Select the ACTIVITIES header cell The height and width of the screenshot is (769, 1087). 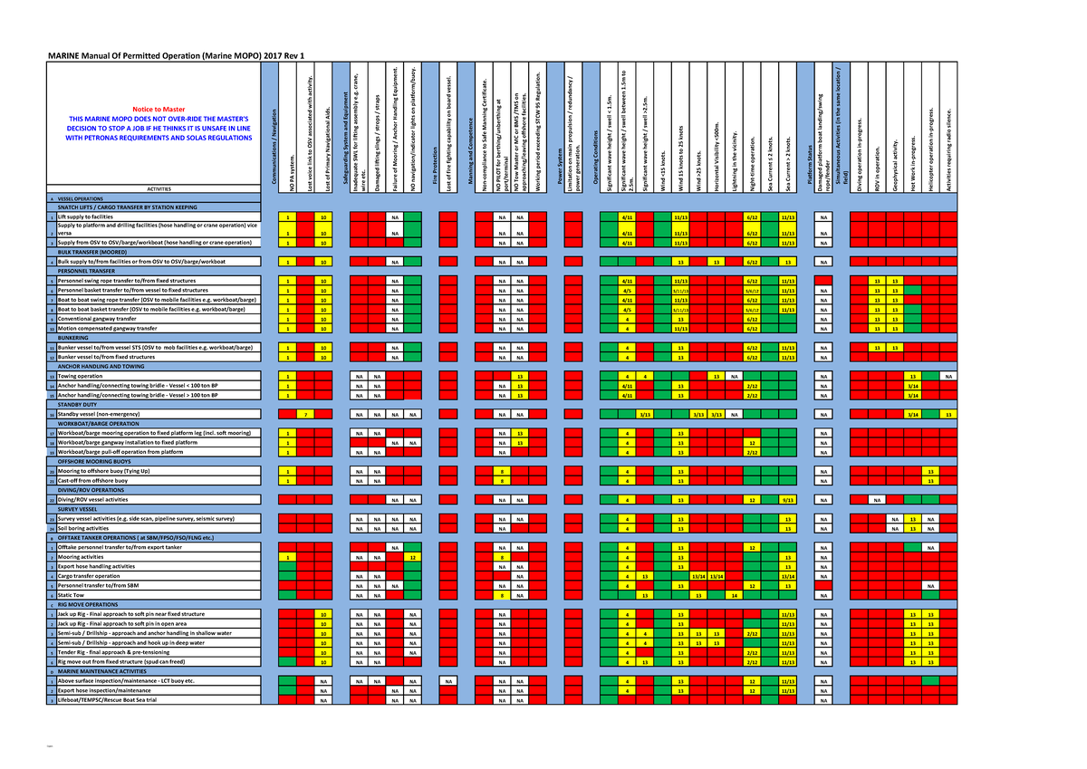point(159,188)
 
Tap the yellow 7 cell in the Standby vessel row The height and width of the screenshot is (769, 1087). point(307,414)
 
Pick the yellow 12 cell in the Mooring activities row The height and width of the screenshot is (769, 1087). point(412,557)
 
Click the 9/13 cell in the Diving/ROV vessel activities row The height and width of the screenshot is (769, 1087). point(788,499)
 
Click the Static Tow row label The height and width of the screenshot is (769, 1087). point(73,594)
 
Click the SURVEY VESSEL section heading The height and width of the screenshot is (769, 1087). point(83,509)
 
